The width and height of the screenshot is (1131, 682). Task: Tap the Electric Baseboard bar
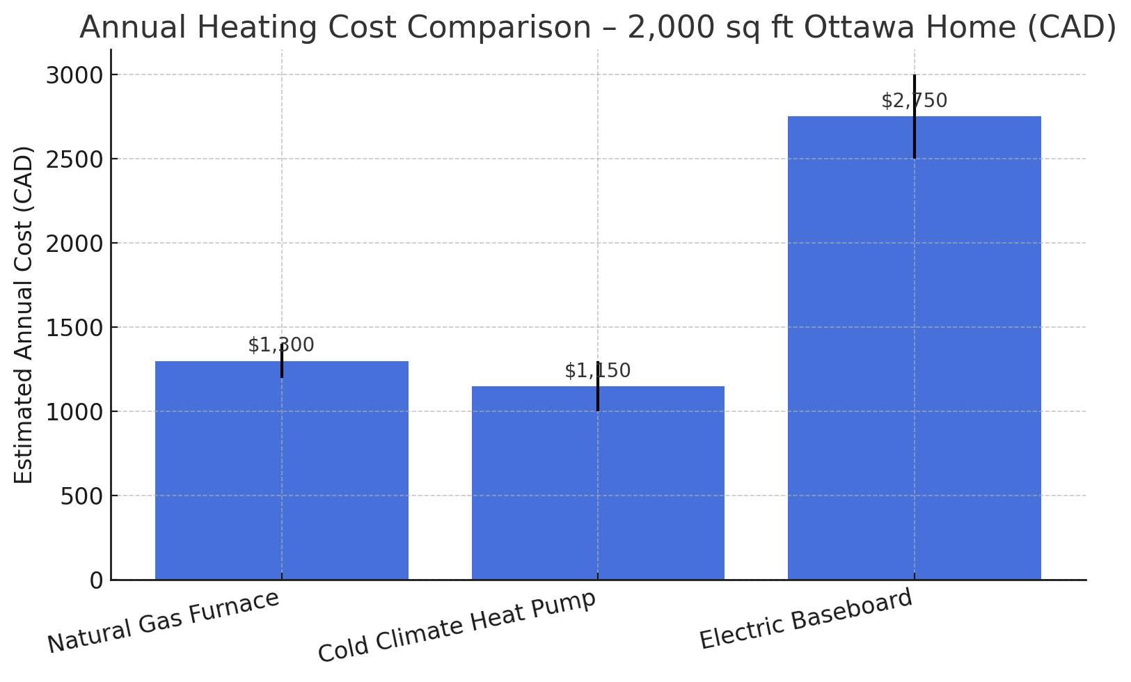[914, 348]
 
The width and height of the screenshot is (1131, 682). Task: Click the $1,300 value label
[281, 345]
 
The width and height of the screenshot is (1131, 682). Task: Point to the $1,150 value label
[598, 371]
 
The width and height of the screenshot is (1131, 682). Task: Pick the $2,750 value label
[914, 101]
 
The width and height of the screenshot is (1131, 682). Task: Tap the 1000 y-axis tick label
[75, 412]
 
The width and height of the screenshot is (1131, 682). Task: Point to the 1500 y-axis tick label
[75, 328]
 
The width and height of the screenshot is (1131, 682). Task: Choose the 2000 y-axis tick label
[75, 244]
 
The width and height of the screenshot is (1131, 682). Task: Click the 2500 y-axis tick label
[75, 159]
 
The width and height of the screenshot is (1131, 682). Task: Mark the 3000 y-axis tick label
[75, 75]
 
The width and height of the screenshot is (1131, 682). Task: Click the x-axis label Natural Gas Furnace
[164, 621]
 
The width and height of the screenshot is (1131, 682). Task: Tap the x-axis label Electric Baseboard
[806, 619]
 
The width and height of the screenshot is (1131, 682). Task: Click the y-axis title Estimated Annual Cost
[24, 315]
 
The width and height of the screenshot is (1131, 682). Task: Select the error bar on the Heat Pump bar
[598, 397]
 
